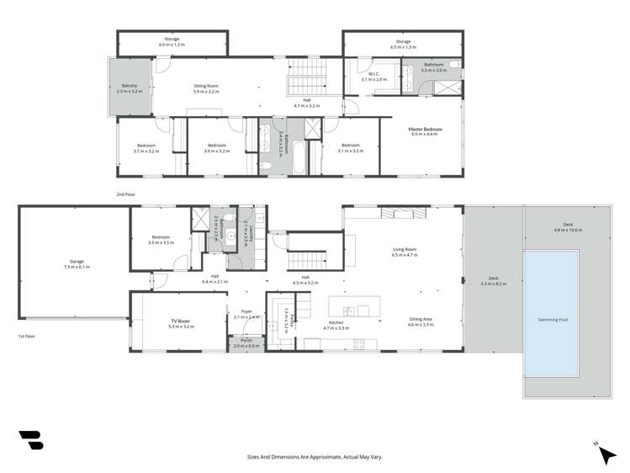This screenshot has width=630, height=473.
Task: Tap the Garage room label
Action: [x=76, y=264]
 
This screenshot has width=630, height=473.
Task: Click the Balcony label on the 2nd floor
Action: [x=130, y=86]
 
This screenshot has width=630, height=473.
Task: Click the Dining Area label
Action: [x=421, y=321]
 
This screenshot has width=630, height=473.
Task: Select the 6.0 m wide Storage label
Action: [x=172, y=41]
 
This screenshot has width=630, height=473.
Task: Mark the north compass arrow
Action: [x=604, y=453]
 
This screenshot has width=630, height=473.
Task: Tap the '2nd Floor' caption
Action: [x=125, y=194]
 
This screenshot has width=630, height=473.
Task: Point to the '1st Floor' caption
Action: [x=27, y=336]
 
